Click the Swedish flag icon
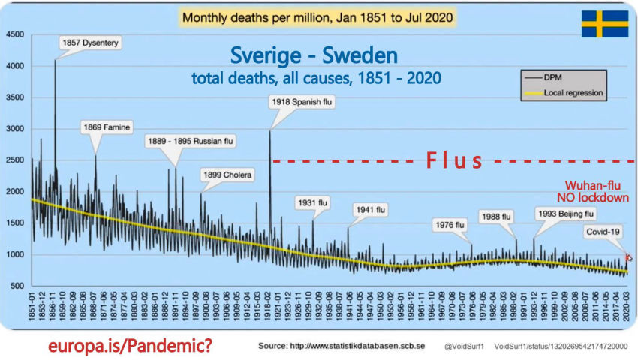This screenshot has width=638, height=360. pos(604,24)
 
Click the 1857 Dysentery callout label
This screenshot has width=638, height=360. pos(89,43)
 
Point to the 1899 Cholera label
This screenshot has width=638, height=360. pos(228,175)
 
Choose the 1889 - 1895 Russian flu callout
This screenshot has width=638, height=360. pos(190,140)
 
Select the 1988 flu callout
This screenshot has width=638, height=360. pos(496,216)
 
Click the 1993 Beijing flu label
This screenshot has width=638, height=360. pos(564,213)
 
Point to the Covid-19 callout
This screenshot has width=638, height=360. pos(605,232)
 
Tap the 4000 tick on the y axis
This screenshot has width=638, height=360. pos(15,66)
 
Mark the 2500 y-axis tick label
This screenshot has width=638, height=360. pos(15,160)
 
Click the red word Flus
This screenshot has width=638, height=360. pos(455,160)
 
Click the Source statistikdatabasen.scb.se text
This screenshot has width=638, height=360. pos(342,347)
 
